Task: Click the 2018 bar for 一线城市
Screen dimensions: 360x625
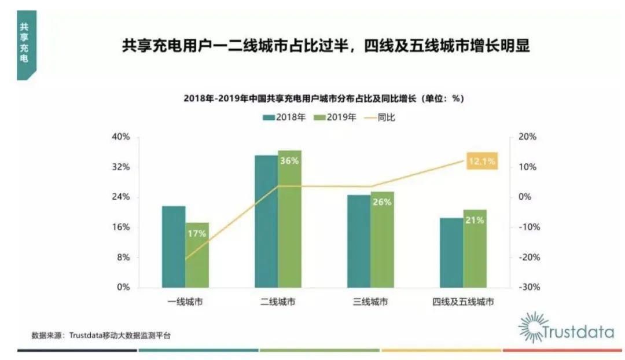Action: click(x=174, y=247)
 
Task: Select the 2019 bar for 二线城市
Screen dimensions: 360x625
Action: click(x=289, y=220)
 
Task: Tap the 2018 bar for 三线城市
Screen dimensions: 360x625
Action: click(x=358, y=241)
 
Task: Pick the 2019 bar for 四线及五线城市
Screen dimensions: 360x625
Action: click(x=475, y=249)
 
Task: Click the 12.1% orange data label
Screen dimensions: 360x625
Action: click(x=481, y=161)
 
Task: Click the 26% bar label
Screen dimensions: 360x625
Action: click(x=383, y=202)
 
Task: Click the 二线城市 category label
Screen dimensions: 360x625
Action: click(x=278, y=302)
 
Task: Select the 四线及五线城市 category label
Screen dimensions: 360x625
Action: click(x=463, y=302)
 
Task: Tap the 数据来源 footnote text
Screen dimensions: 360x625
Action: click(x=101, y=335)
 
